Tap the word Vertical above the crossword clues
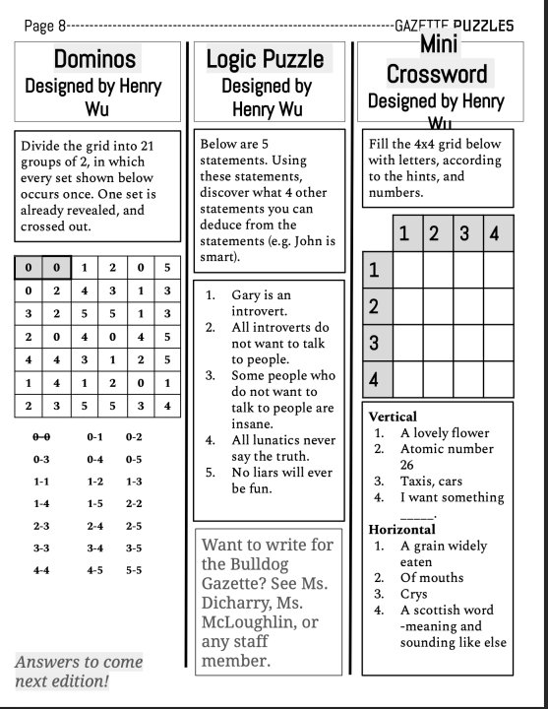pyautogui.click(x=390, y=417)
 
